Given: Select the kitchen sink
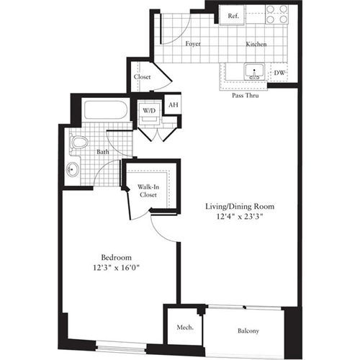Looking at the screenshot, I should click(x=252, y=71).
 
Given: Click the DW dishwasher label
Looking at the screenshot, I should click(x=279, y=73).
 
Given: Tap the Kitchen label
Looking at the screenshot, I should click(x=256, y=45).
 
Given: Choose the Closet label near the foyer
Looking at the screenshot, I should click(x=142, y=78).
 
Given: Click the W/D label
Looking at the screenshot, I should click(x=148, y=111).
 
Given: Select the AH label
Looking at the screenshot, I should click(x=173, y=105).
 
